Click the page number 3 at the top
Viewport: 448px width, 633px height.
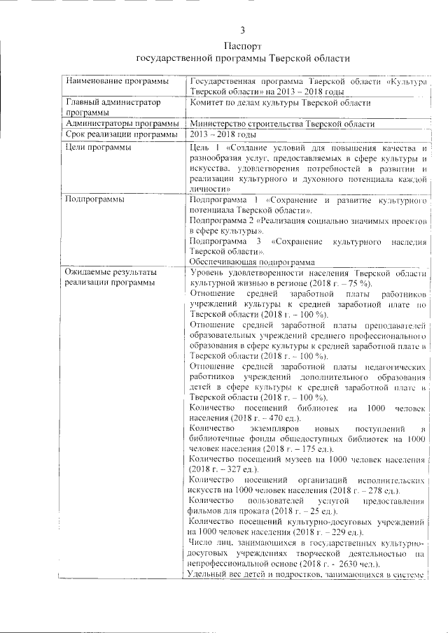[x=243, y=30]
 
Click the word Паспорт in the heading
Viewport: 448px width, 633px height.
[x=243, y=45]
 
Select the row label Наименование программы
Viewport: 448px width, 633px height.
[x=117, y=82]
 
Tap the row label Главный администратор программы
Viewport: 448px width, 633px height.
[x=112, y=107]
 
